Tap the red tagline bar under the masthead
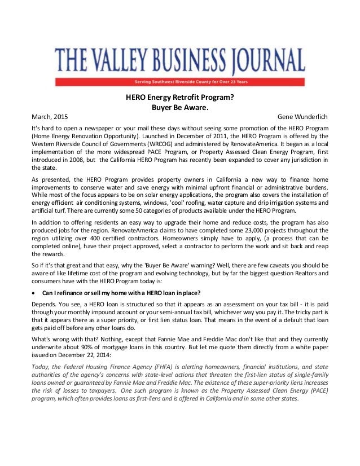[x=179, y=80]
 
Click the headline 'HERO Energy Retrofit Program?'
[x=179, y=96]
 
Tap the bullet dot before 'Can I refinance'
[x=34, y=292]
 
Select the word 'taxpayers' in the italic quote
[x=94, y=389]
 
